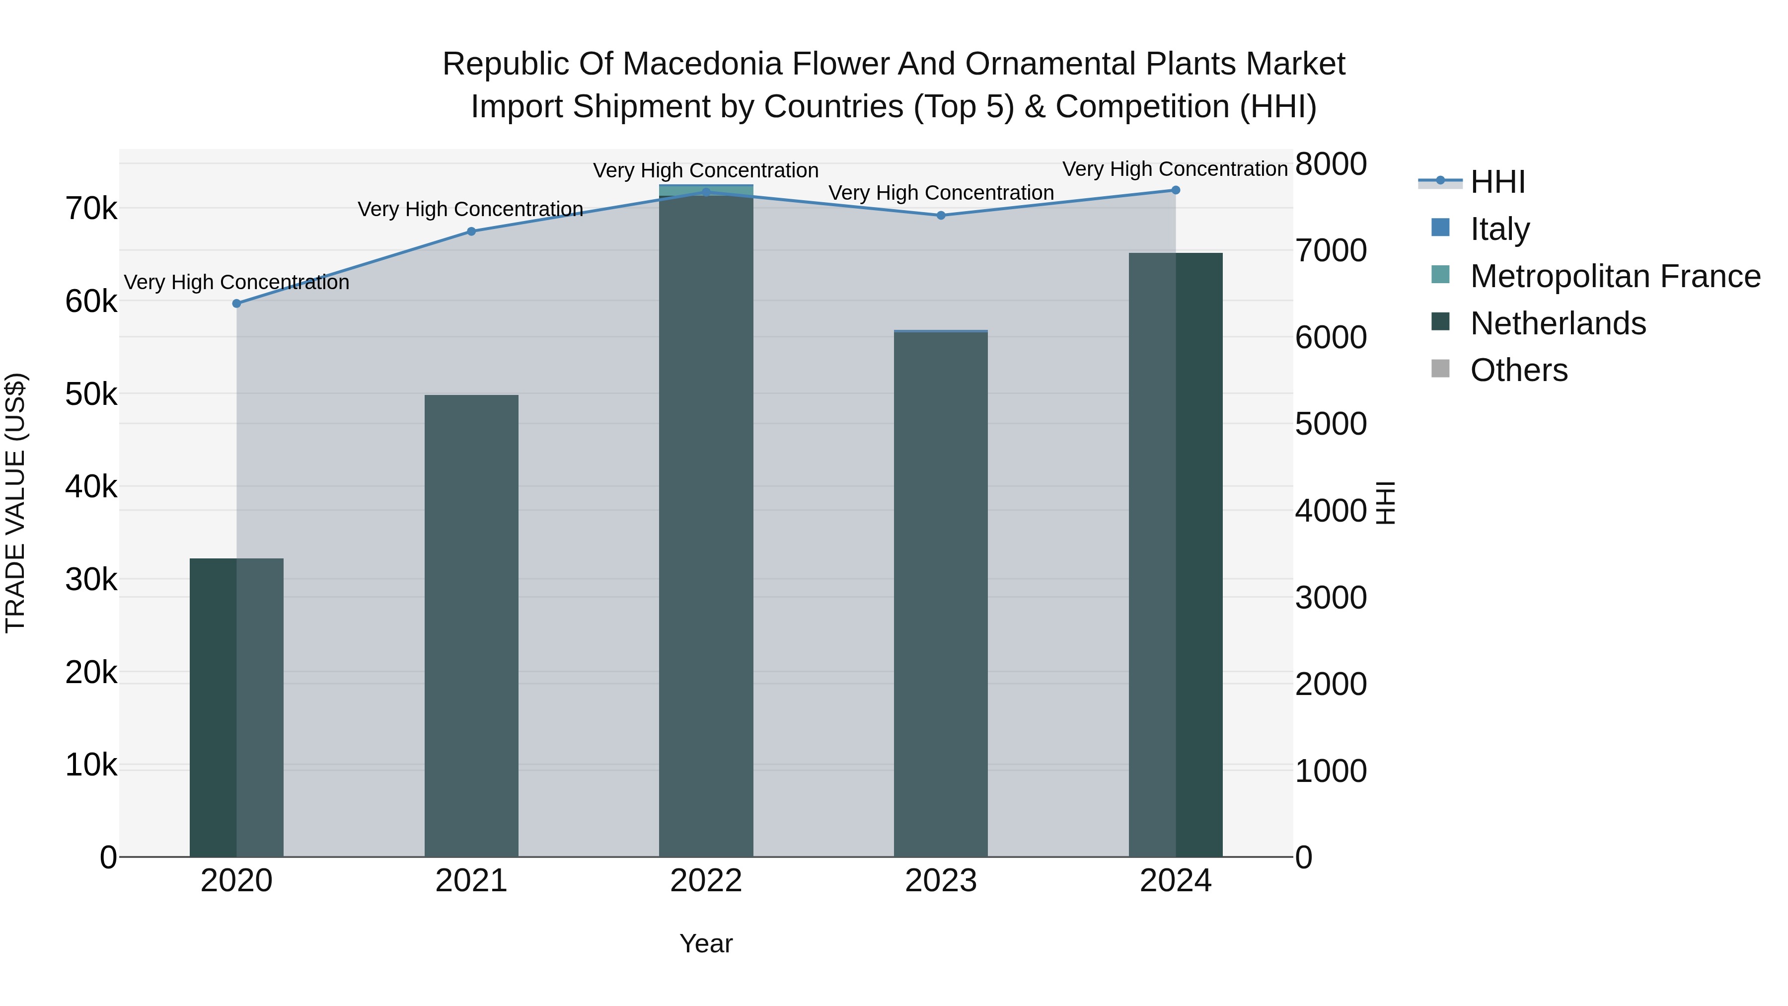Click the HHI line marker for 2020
tap(237, 304)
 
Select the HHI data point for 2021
tap(471, 231)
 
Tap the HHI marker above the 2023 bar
tap(941, 215)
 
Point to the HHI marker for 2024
tap(1175, 190)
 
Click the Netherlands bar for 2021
tap(471, 625)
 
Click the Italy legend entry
tap(1499, 229)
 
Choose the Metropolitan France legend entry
tap(1615, 276)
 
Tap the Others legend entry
tap(1518, 370)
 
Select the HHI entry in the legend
tap(1497, 182)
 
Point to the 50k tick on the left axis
tap(91, 394)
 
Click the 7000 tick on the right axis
tap(1331, 251)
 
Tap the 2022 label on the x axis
tap(706, 881)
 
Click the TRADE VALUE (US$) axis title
tap(15, 503)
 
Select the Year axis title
tap(706, 943)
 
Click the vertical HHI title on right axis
tap(1385, 503)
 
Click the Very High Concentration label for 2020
tap(237, 283)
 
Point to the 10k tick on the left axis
tap(91, 765)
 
